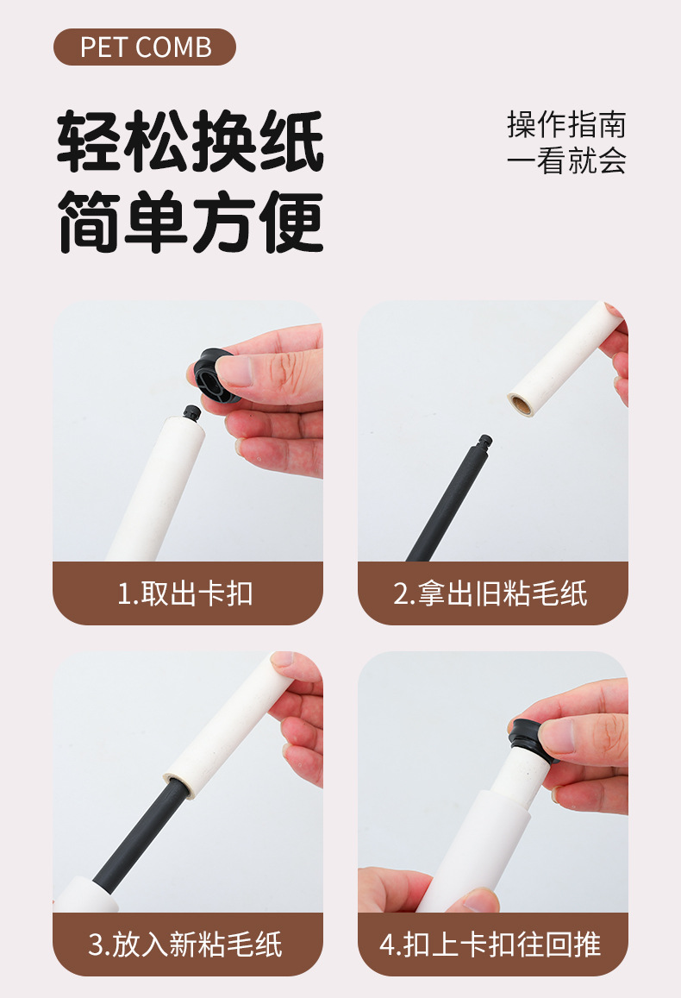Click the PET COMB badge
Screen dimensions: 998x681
click(x=145, y=47)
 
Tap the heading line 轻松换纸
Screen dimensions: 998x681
click(x=191, y=141)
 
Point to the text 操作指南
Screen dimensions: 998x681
click(x=566, y=124)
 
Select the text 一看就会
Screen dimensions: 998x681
click(x=566, y=161)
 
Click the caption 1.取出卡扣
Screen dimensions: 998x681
click(x=186, y=593)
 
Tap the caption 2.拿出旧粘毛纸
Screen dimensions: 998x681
click(x=491, y=593)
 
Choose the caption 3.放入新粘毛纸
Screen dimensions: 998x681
click(x=186, y=944)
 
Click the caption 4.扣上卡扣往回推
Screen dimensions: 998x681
click(x=491, y=944)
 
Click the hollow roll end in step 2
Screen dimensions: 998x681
click(x=521, y=402)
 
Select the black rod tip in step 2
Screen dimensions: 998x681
click(x=486, y=441)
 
